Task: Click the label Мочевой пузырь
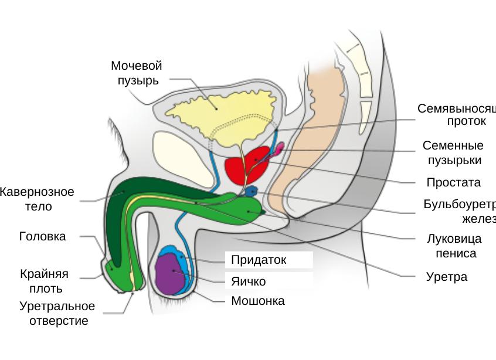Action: (x=136, y=73)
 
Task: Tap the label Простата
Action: (x=453, y=182)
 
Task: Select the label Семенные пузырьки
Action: (x=453, y=152)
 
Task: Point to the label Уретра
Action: (x=446, y=277)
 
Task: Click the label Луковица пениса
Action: (x=454, y=246)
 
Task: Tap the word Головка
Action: (x=42, y=237)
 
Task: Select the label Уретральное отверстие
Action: (x=57, y=314)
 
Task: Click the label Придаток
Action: (x=259, y=260)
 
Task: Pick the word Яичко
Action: (x=248, y=281)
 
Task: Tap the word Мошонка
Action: (x=258, y=301)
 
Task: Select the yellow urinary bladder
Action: (x=217, y=108)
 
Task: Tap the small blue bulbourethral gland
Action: (x=252, y=191)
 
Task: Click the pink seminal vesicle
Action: (x=278, y=147)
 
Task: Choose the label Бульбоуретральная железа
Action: (x=460, y=211)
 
